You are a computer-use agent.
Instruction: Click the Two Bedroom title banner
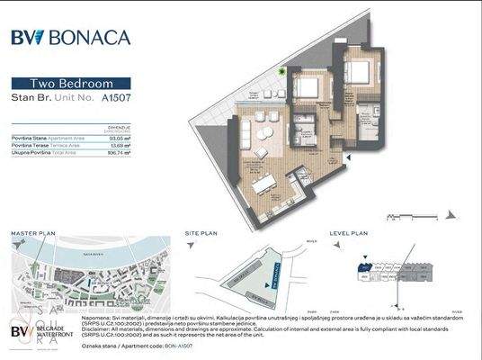point(71,81)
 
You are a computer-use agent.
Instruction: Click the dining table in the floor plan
point(264,184)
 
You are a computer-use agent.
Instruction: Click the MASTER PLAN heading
point(33,233)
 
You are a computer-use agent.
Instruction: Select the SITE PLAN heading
point(200,233)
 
